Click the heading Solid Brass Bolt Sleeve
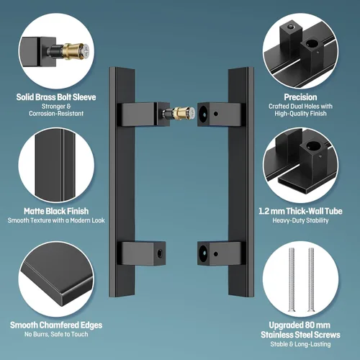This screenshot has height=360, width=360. pyautogui.click(x=56, y=97)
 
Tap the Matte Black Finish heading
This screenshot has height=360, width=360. pyautogui.click(x=56, y=211)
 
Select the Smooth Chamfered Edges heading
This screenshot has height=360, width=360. pyautogui.click(x=56, y=325)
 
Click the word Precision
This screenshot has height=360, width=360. pyautogui.click(x=300, y=97)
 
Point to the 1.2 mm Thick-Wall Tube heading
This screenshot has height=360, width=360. pyautogui.click(x=300, y=211)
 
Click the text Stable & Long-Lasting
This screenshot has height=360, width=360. pyautogui.click(x=300, y=344)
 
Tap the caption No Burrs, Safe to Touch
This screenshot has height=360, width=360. pyautogui.click(x=56, y=334)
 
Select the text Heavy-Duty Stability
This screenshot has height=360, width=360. pyautogui.click(x=300, y=220)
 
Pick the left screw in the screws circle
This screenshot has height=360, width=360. pyautogui.click(x=292, y=280)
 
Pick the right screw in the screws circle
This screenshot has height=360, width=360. pyautogui.click(x=311, y=280)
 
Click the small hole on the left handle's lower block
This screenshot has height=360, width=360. pyautogui.click(x=160, y=253)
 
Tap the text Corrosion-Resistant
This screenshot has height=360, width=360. pyautogui.click(x=56, y=114)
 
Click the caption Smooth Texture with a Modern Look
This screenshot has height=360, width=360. pyautogui.click(x=56, y=220)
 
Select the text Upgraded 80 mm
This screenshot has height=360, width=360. pyautogui.click(x=300, y=325)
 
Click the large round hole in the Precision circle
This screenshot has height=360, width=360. pyautogui.click(x=312, y=44)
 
